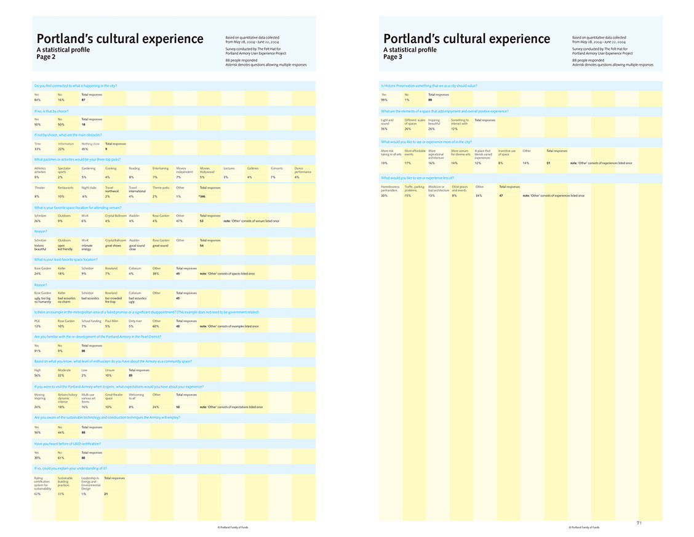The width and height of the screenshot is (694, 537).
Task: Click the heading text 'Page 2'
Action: click(46, 57)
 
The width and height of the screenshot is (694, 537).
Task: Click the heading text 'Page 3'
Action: click(393, 57)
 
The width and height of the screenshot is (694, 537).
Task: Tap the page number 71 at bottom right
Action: click(639, 523)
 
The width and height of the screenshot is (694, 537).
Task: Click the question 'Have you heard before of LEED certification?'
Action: click(68, 443)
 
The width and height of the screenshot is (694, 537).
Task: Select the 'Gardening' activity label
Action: click(89, 168)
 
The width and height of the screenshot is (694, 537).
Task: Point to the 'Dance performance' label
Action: click(303, 169)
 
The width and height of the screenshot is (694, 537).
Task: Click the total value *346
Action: click(202, 196)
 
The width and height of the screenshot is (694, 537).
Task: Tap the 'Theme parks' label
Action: click(161, 188)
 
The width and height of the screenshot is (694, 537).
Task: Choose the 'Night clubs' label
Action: click(89, 188)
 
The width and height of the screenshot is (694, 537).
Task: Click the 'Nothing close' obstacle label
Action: click(90, 143)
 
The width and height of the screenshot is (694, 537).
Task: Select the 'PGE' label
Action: click(36, 321)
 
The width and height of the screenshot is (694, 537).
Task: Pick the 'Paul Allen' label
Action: click(111, 321)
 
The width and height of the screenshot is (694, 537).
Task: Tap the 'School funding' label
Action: click(91, 321)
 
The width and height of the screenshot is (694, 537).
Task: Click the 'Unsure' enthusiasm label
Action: click(109, 370)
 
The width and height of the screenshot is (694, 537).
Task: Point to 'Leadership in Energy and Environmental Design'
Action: click(90, 483)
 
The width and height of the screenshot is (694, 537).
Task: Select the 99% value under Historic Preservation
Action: click(384, 99)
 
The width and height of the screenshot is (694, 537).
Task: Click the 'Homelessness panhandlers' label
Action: click(390, 188)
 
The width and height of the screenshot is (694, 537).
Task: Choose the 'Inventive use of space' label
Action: click(506, 152)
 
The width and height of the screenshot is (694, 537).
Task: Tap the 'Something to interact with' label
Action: click(460, 122)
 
